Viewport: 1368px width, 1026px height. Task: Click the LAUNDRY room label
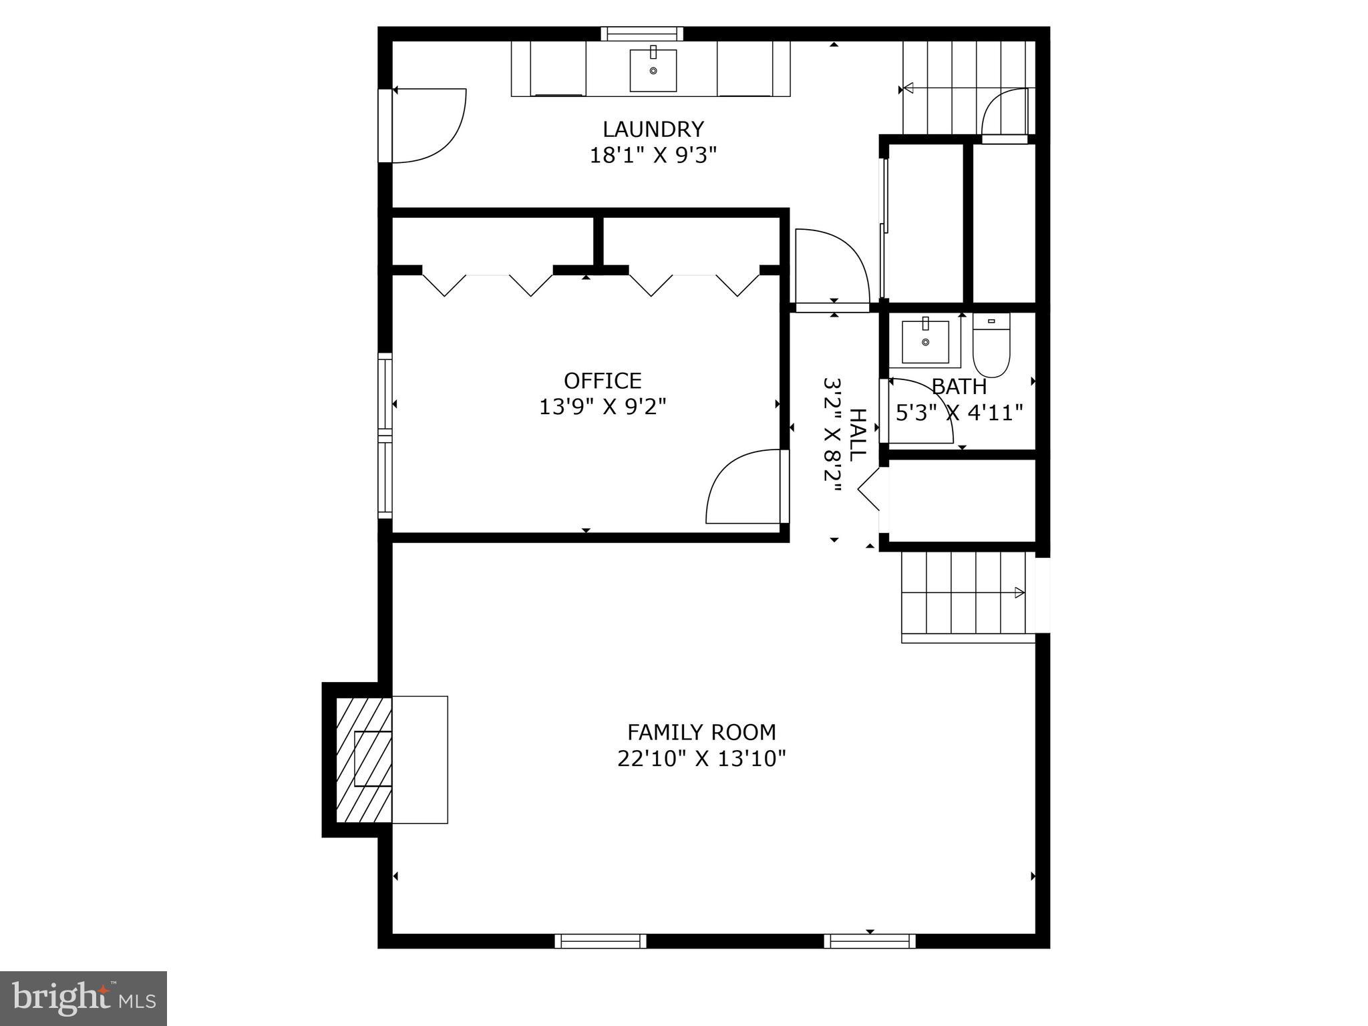tap(653, 128)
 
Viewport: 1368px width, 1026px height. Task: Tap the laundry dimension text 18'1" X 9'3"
tap(653, 156)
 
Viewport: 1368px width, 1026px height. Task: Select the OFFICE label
tap(603, 381)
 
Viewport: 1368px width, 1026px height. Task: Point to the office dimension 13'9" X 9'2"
tap(603, 407)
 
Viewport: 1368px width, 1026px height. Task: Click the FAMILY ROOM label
tap(701, 733)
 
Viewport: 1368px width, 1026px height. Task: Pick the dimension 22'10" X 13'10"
tap(701, 759)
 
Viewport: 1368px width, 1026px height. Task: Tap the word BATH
tap(959, 387)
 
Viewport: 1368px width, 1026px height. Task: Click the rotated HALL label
tap(856, 435)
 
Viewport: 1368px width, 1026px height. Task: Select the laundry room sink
tap(653, 70)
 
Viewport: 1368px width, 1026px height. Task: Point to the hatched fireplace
tap(363, 759)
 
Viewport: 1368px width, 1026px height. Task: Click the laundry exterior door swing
tap(427, 126)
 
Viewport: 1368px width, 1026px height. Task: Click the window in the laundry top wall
tap(642, 33)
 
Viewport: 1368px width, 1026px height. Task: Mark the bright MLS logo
tap(83, 998)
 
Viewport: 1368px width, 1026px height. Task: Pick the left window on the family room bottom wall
tap(601, 941)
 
